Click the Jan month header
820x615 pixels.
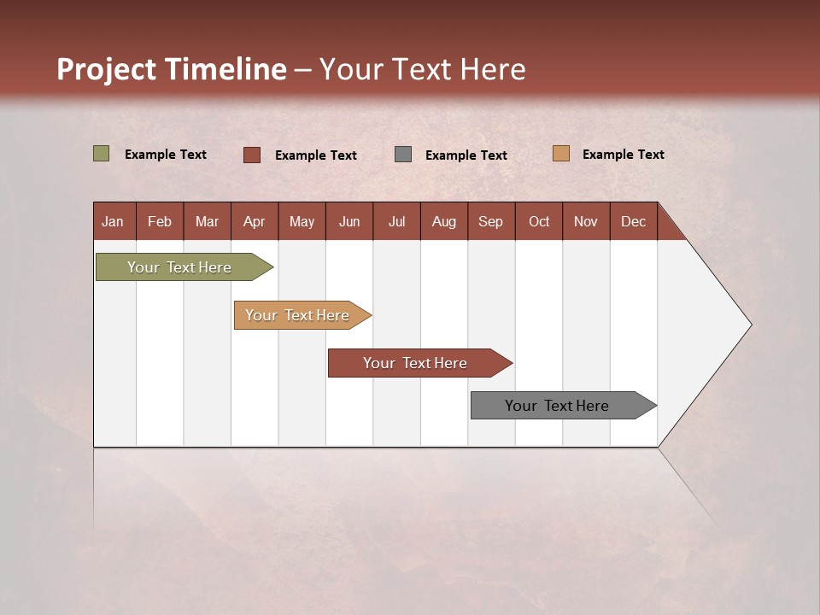[113, 221]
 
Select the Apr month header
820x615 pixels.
[254, 221]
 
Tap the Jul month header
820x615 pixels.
[396, 221]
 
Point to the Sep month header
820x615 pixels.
[490, 221]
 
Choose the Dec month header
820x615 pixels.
[633, 221]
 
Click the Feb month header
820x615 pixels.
[160, 221]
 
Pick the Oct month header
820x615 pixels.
[539, 221]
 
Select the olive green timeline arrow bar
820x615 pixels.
[180, 267]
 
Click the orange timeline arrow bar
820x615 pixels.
[298, 315]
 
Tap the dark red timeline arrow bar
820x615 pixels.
[416, 363]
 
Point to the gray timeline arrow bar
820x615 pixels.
[558, 406]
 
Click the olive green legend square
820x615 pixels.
[102, 154]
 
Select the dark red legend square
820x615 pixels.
[252, 155]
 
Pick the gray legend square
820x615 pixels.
[403, 155]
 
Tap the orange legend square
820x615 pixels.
[560, 154]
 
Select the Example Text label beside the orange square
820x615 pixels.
[623, 155]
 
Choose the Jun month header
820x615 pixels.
[349, 221]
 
